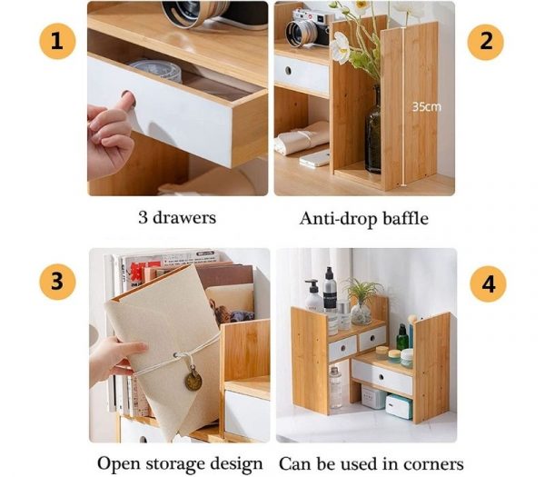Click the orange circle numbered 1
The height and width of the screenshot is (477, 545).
point(56,41)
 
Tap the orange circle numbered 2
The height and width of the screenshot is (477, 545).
point(486,42)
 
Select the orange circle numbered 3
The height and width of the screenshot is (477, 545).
point(56,282)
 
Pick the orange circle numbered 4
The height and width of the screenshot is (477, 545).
point(488,283)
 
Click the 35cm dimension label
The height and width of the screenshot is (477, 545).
point(426,106)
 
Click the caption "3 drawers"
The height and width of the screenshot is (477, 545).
point(178,219)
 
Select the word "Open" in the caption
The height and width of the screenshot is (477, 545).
point(119,463)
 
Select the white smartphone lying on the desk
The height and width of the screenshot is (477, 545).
point(314,158)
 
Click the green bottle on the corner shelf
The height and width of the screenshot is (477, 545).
point(401,337)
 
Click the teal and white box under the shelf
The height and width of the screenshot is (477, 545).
point(398,405)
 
